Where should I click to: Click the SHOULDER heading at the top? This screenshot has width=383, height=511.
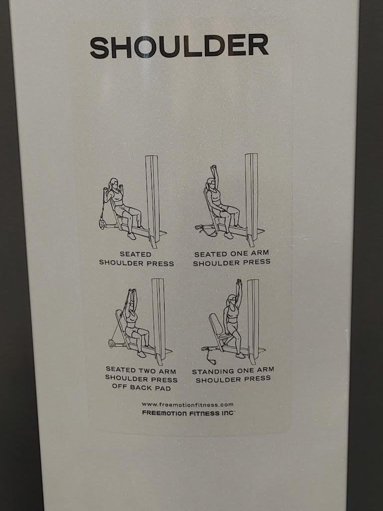coord(179,46)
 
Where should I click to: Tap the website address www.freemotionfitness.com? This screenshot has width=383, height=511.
coord(188,404)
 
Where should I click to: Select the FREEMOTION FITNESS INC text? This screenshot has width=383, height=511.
coord(188,413)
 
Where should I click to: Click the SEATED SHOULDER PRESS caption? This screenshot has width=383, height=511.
coord(137,259)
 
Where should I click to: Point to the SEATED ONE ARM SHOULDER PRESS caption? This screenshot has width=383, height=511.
coord(231,258)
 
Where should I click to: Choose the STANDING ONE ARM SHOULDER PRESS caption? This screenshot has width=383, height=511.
coord(233,375)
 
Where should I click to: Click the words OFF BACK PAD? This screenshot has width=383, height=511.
coord(141,387)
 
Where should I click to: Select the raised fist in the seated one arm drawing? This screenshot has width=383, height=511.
coord(213,168)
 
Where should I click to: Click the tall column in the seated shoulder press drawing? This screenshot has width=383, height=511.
coord(153,201)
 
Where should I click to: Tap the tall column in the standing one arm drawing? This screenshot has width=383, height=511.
coord(253,321)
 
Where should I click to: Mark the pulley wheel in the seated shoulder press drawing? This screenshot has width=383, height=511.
coord(103,224)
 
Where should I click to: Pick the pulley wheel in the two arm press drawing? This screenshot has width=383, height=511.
coord(112,343)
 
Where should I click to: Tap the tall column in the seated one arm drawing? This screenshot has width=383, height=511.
coord(251,199)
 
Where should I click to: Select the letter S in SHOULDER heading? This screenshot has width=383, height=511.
coord(99,47)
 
